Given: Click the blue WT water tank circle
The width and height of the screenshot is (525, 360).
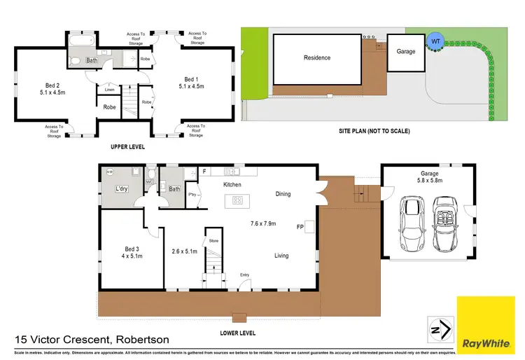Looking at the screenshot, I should pyautogui.click(x=435, y=41).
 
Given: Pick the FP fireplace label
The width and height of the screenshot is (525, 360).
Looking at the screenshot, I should pyautogui.click(x=300, y=227).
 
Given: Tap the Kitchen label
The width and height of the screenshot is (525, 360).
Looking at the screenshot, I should pyautogui.click(x=232, y=185).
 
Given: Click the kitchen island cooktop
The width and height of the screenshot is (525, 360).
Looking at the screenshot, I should pyautogui.click(x=237, y=200).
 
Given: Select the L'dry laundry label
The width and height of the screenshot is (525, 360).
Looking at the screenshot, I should pyautogui.click(x=122, y=190).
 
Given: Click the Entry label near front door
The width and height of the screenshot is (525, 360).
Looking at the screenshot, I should pyautogui.click(x=244, y=275).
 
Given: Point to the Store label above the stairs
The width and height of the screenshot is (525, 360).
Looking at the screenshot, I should pyautogui.click(x=214, y=241).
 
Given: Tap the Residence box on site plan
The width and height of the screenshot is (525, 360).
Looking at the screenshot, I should pyautogui.click(x=316, y=58).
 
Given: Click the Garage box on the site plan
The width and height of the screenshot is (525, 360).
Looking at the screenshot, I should pyautogui.click(x=406, y=51).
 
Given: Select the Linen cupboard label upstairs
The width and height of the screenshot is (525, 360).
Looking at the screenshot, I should pyautogui.click(x=109, y=90).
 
